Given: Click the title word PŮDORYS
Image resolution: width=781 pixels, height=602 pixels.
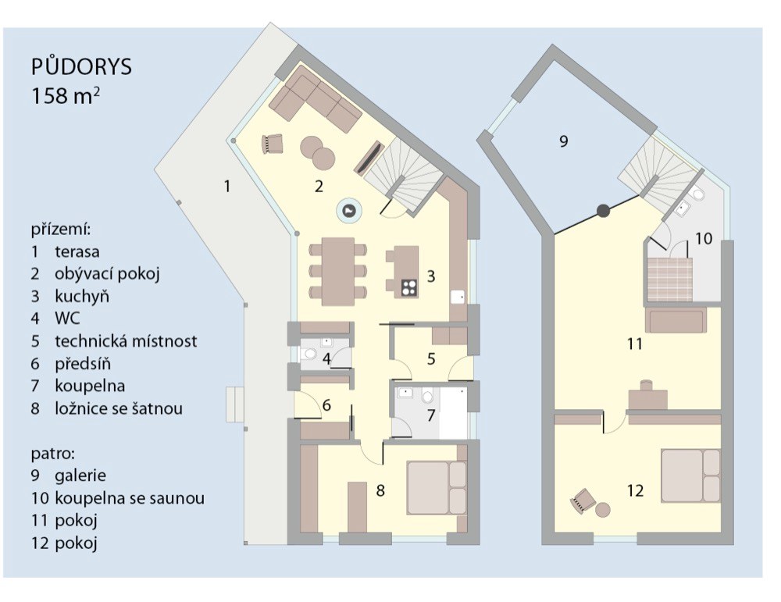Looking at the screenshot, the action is pos(81,66).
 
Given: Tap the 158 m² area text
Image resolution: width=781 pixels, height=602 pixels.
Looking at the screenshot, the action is pos(66,96).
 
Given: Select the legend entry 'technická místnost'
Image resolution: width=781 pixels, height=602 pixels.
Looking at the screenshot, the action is pos(126,341).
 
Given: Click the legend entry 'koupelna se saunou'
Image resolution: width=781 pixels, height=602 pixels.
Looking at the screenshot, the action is pos(130,498).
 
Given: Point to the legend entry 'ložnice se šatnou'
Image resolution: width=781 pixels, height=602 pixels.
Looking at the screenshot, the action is pos(119,408).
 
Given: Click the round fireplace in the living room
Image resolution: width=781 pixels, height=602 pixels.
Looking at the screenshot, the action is pos(350,211).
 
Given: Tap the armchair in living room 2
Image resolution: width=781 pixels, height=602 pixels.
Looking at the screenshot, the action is pos(272,144).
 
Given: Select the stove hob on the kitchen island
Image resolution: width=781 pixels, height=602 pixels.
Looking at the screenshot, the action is pos(409,287).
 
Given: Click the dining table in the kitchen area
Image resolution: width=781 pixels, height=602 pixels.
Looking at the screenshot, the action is pos(338,271).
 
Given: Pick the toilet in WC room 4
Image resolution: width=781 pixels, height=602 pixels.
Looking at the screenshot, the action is pos(309,354).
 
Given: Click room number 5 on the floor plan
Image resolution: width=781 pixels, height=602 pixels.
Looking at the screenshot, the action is pos(431,359).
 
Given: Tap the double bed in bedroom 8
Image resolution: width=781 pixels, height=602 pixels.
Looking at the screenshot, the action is pos(437,488).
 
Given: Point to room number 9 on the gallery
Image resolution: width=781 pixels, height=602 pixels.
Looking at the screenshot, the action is pos(563,141).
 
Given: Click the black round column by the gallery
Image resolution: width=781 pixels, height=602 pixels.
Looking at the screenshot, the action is pos(603,211).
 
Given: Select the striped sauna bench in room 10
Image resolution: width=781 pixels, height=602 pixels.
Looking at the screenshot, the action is pos(670,280).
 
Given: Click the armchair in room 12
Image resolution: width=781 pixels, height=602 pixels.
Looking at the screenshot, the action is pos(583,500).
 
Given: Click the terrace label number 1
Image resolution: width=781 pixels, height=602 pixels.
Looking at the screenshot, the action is pos(227,187).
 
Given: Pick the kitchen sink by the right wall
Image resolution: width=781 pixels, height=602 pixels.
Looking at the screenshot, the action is pos(458,297).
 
